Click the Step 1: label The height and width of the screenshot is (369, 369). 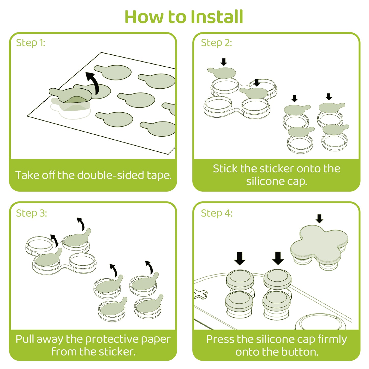[30, 43]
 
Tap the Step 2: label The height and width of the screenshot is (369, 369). [216, 43]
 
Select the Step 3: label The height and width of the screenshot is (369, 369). [31, 213]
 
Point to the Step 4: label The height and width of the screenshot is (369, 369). [217, 213]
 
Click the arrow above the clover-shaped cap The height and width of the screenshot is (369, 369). [319, 219]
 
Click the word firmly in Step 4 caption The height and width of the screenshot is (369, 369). [332, 339]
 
